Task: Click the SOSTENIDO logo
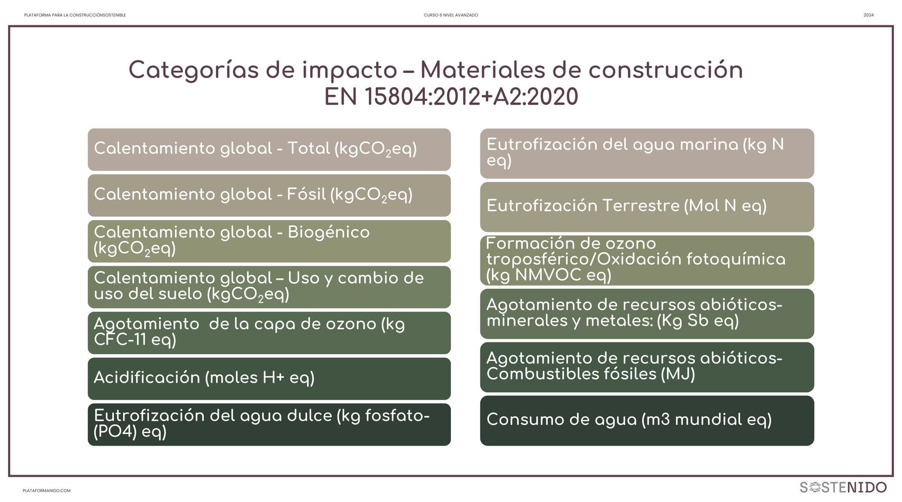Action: point(843,487)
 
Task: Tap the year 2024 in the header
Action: point(869,15)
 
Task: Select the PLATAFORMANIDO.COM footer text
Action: point(46,491)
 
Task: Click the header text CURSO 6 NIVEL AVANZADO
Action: point(451,15)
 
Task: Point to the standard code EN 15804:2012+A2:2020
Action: point(451,97)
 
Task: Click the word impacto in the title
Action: point(350,70)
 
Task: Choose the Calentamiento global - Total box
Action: point(269,150)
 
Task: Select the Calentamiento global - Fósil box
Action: point(269,195)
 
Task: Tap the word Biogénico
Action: point(329,233)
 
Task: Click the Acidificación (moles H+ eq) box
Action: point(269,378)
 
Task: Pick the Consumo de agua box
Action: point(647,421)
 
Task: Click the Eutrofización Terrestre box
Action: point(647,207)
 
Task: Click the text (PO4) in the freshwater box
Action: point(115,432)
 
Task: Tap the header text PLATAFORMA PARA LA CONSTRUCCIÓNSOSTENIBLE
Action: point(75,15)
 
